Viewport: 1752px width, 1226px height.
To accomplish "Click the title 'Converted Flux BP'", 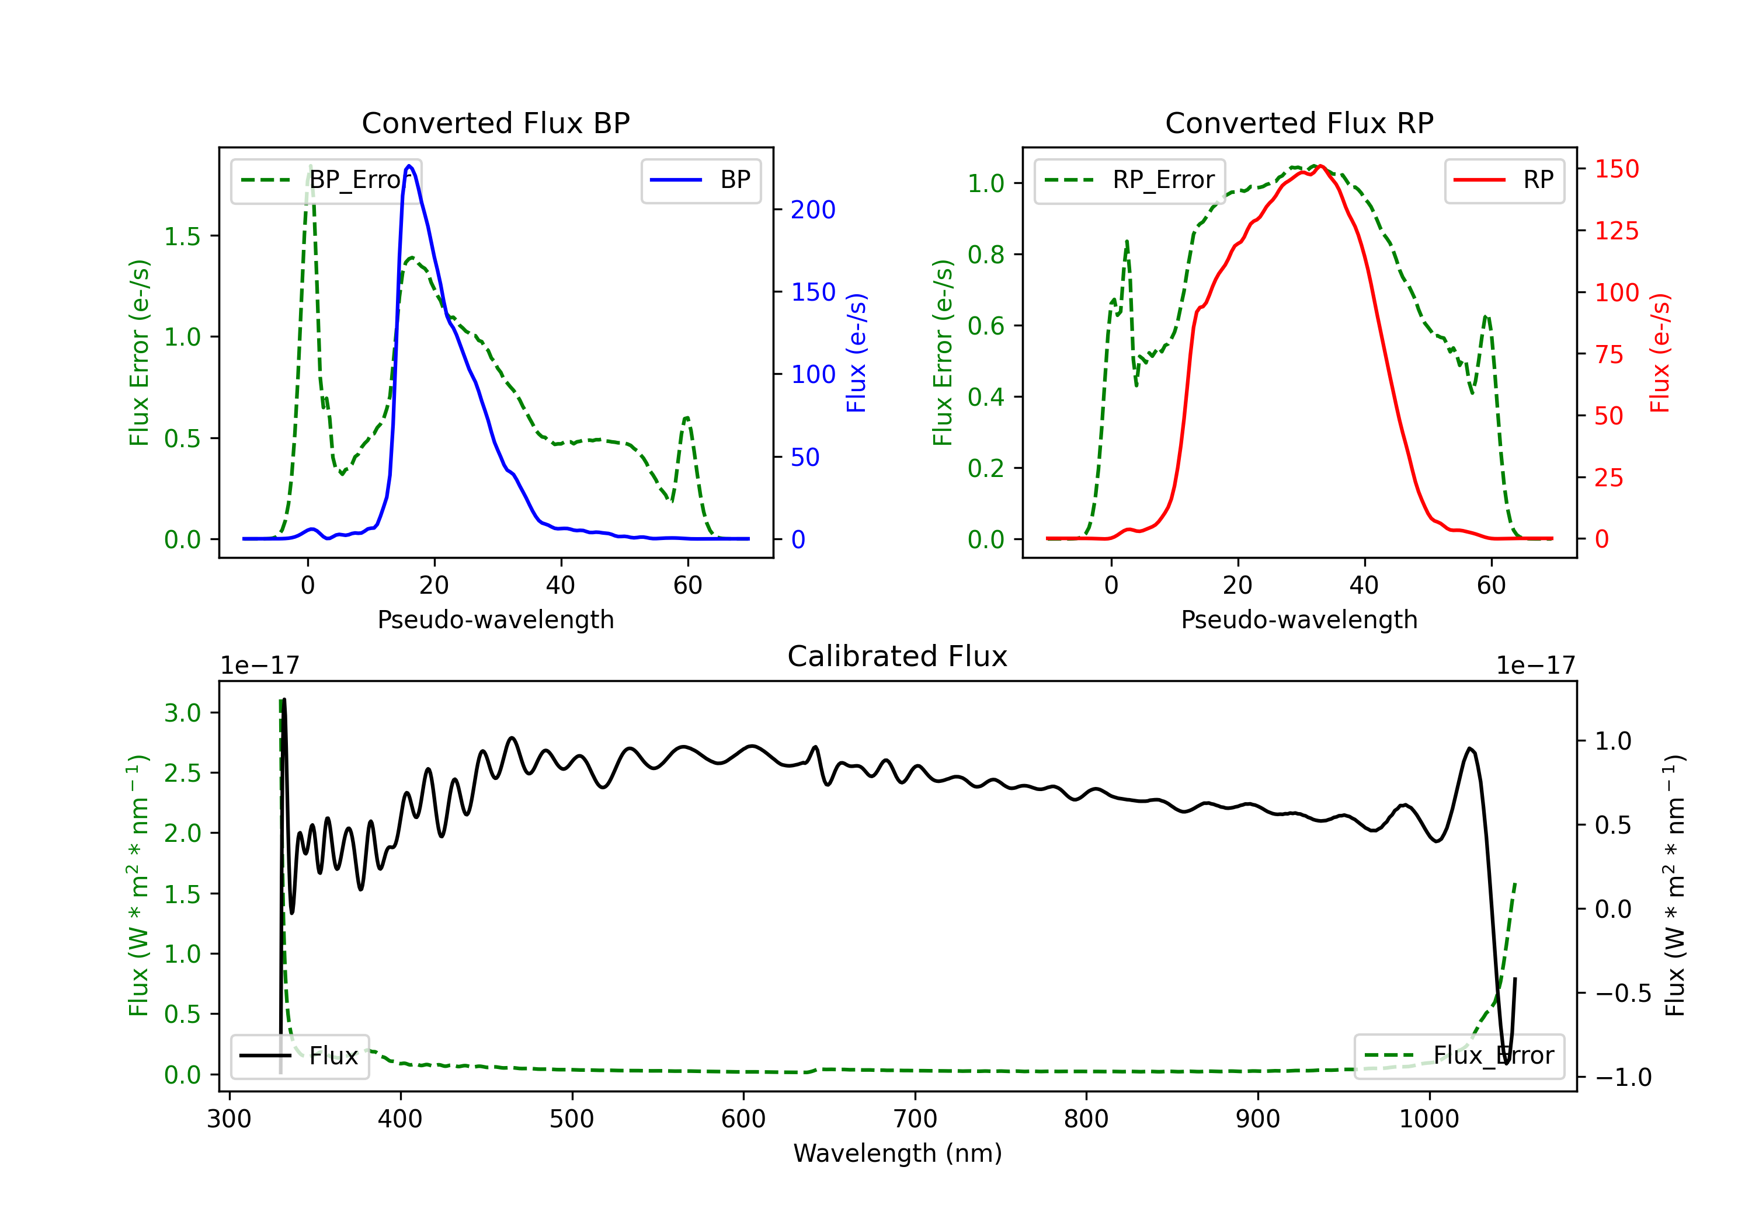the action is coord(495,123).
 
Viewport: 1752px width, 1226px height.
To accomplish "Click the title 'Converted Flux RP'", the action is coord(1299,123).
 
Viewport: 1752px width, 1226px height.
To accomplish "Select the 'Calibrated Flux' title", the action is coord(898,656).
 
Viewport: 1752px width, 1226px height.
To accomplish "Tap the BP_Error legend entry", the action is coord(326,180).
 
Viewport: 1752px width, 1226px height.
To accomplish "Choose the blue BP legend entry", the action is coord(700,180).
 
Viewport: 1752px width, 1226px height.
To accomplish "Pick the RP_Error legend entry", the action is coord(1129,180).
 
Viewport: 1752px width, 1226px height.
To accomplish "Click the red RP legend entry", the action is coord(1503,180).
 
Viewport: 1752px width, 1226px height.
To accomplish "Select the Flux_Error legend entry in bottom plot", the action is coord(1459,1056).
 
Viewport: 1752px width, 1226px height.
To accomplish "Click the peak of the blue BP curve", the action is coord(410,166).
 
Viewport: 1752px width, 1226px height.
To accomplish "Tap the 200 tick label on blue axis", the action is coord(813,210).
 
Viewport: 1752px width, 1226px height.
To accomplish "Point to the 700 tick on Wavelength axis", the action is coord(915,1119).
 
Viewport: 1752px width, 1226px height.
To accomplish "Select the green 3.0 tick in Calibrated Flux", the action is coord(182,713).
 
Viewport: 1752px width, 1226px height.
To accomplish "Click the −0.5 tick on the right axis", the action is coord(1623,993).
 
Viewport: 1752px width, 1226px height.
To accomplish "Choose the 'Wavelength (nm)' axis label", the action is coord(898,1153).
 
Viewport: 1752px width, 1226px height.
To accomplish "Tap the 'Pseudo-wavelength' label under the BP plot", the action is coord(496,619).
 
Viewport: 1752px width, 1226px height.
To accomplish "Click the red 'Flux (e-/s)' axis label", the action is coord(1660,353).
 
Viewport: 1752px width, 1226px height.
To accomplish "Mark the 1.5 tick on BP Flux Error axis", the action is coord(182,236).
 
